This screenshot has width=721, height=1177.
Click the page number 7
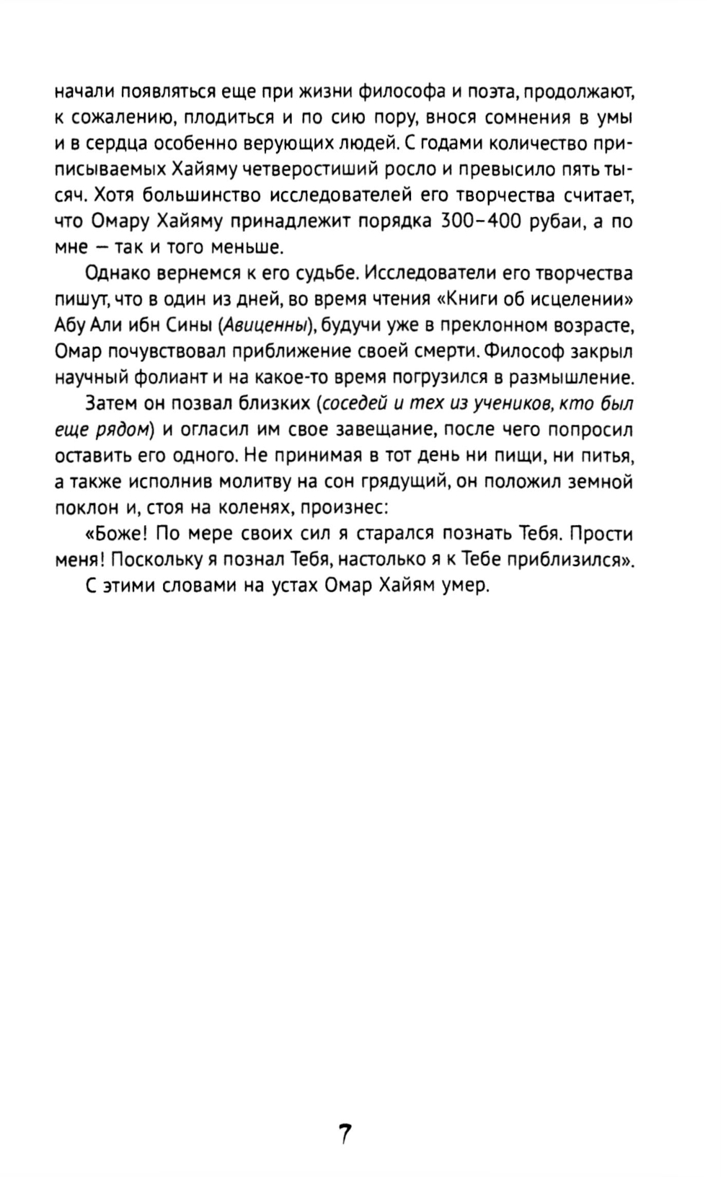point(345,1135)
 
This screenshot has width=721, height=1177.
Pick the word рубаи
point(556,222)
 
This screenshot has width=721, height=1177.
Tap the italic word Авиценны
point(265,326)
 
